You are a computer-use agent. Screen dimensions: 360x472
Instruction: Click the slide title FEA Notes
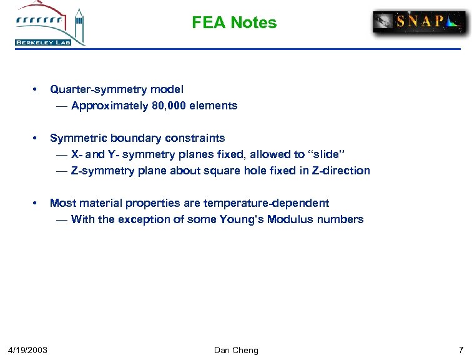pos(234,23)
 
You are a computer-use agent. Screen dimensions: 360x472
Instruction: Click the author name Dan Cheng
pos(236,349)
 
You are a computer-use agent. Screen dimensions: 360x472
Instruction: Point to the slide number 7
pos(461,349)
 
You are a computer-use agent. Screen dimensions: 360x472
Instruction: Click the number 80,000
pos(169,106)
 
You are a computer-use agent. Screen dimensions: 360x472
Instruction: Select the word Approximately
pos(110,106)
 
